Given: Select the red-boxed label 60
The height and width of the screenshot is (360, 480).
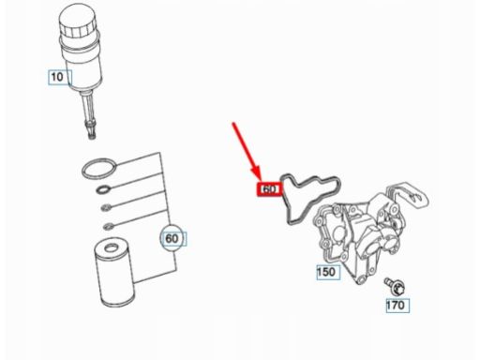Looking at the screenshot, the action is [269, 189].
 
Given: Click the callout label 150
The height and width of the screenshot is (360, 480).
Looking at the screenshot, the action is [328, 272].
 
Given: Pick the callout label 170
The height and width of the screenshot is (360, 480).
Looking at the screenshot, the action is [397, 305].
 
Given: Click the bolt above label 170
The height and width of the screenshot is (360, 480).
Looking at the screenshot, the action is [395, 286].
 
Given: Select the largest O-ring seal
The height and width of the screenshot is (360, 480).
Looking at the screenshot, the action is [99, 169].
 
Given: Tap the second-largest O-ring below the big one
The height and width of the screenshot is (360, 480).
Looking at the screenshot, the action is [104, 189].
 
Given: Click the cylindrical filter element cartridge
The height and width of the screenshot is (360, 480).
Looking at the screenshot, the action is [114, 272].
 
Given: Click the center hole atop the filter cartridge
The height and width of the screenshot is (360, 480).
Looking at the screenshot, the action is [111, 248].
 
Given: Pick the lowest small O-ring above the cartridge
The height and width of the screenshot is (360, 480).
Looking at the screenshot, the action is [108, 226].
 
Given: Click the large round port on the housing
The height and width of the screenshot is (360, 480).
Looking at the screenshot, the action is [338, 233].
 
